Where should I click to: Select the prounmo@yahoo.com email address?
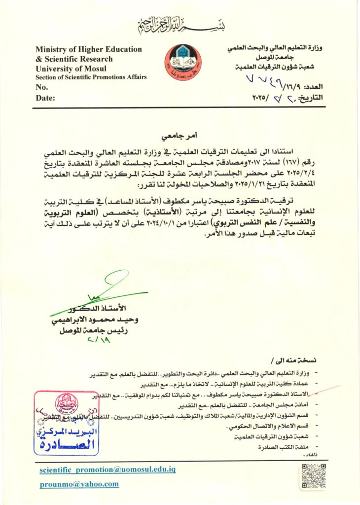(79, 484)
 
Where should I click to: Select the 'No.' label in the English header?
(42, 87)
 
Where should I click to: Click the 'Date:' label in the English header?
(45, 98)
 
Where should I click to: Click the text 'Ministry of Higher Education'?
(88, 49)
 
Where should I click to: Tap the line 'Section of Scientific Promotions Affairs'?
(91, 77)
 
